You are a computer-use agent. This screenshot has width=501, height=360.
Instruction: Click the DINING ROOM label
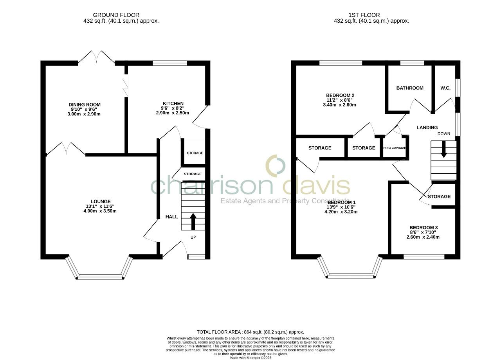click(x=85, y=104)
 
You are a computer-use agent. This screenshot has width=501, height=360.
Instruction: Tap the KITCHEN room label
click(x=173, y=103)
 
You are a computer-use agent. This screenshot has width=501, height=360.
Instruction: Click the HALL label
click(x=171, y=217)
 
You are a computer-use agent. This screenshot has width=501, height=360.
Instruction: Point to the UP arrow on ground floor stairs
click(x=193, y=221)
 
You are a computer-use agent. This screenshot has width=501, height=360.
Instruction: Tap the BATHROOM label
click(x=410, y=88)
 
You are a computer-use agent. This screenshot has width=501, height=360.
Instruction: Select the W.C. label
click(x=445, y=88)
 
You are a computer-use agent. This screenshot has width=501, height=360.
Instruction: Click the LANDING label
click(x=427, y=128)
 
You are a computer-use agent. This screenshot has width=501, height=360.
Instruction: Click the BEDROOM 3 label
click(x=424, y=228)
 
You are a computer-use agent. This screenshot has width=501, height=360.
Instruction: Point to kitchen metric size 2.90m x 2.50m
click(x=173, y=113)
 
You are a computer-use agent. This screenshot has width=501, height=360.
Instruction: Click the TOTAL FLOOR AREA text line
click(x=250, y=332)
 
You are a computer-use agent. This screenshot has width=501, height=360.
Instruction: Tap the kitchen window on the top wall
click(x=170, y=63)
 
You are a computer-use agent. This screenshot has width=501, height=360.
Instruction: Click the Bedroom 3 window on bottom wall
click(x=424, y=257)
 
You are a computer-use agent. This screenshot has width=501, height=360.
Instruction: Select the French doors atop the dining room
click(x=96, y=58)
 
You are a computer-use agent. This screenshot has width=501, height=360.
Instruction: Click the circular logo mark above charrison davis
click(x=276, y=165)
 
